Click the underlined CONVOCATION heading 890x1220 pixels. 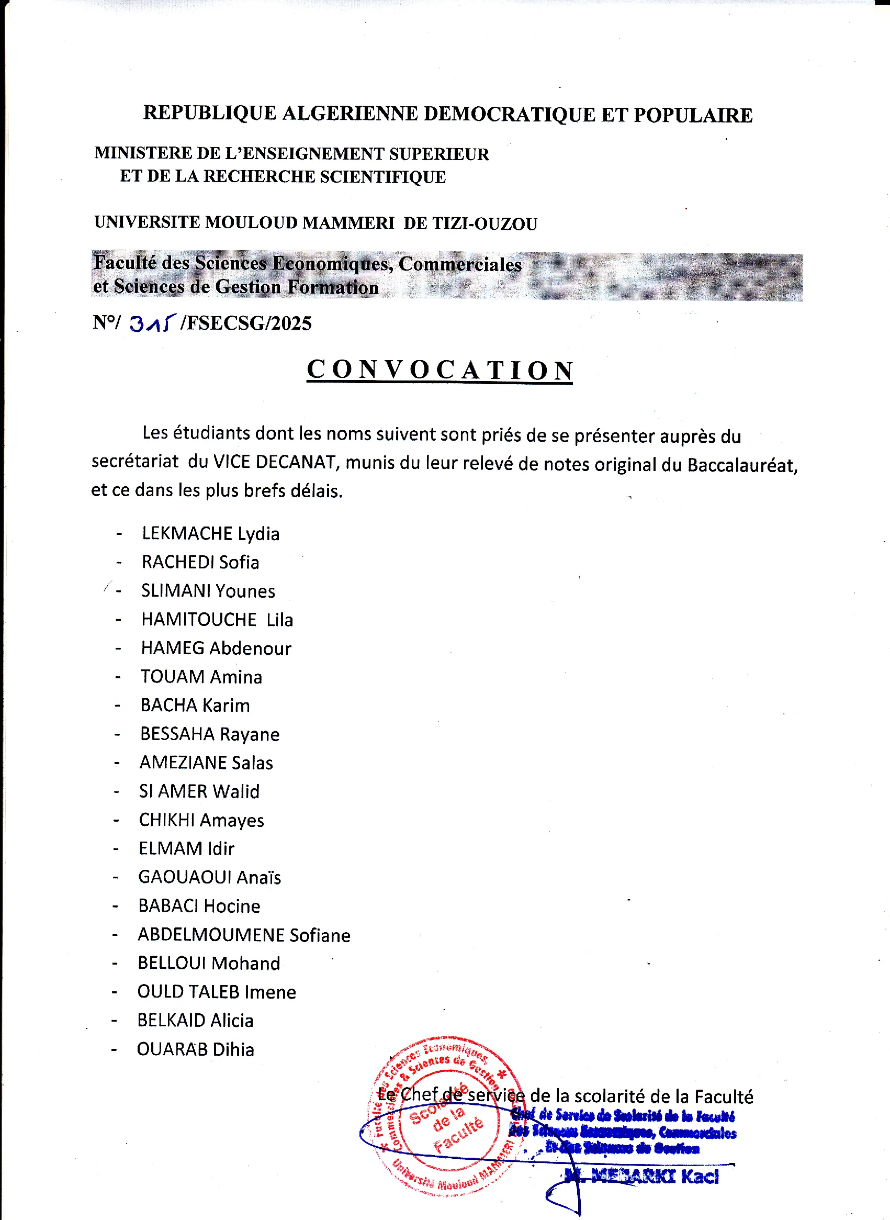pyautogui.click(x=440, y=370)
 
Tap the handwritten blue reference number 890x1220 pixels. pyautogui.click(x=152, y=323)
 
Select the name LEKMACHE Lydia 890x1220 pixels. pyautogui.click(x=211, y=533)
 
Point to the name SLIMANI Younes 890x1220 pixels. pyautogui.click(x=208, y=591)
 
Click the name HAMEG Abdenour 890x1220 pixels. pyautogui.click(x=216, y=648)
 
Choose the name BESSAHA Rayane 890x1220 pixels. pyautogui.click(x=210, y=734)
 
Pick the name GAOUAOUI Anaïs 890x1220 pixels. pyautogui.click(x=210, y=877)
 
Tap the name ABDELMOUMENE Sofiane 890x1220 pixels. pyautogui.click(x=244, y=935)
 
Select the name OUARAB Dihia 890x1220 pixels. pyautogui.click(x=195, y=1049)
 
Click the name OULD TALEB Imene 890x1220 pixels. pyautogui.click(x=217, y=992)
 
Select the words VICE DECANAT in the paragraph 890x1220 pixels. pyautogui.click(x=275, y=462)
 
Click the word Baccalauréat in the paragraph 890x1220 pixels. pyautogui.click(x=742, y=465)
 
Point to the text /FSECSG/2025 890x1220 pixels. pyautogui.click(x=246, y=323)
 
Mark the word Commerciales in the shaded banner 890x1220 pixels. pyautogui.click(x=460, y=264)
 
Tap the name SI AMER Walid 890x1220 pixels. pyautogui.click(x=199, y=791)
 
